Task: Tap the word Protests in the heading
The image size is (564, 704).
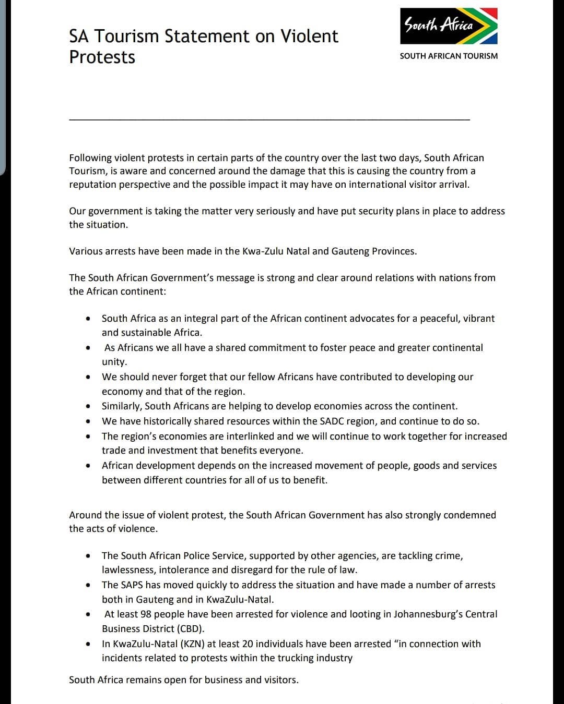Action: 102,57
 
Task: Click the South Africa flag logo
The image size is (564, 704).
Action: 449,26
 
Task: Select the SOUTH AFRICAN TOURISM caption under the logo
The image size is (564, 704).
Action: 449,56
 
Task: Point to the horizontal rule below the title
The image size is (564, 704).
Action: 269,120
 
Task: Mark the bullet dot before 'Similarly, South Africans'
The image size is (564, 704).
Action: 89,406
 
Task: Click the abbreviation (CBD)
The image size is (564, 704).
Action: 189,629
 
